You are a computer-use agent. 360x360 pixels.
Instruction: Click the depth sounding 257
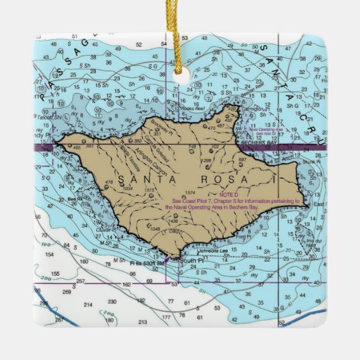81,281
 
